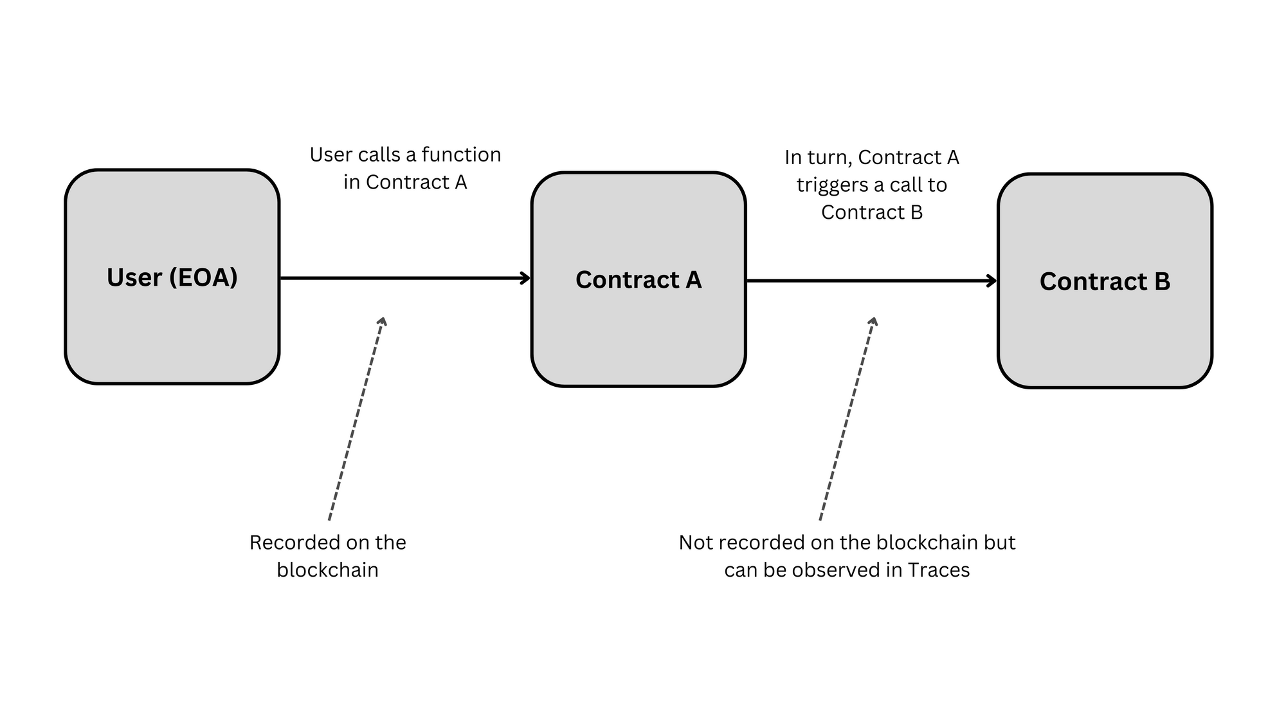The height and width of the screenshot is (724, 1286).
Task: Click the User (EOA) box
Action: [172, 335]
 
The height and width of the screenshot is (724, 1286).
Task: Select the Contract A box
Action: [638, 335]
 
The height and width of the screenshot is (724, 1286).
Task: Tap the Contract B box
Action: [1104, 335]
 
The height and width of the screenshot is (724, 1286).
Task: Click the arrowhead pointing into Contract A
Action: [526, 278]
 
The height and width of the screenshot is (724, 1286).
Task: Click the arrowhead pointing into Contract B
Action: [992, 281]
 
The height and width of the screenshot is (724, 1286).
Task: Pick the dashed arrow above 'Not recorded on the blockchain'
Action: [847, 418]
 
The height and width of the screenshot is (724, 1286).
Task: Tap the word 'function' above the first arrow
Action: [461, 155]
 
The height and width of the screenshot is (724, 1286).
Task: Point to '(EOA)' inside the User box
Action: [204, 277]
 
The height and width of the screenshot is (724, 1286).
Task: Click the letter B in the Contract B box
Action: [1161, 282]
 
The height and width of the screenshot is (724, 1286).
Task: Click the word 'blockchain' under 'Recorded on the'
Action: [327, 570]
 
